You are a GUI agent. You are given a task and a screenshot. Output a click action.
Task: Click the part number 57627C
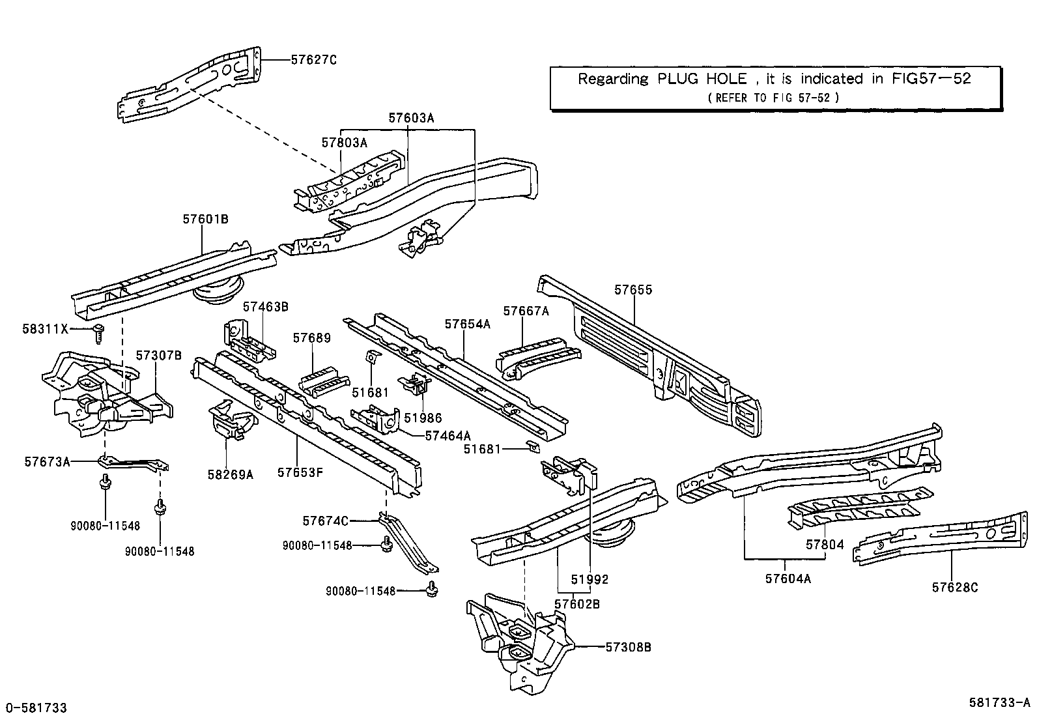[x=313, y=60]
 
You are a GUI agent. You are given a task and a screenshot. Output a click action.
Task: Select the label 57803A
[x=344, y=143]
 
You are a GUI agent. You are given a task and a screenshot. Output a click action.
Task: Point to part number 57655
[x=632, y=290]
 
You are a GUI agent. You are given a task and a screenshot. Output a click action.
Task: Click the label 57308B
[x=628, y=647]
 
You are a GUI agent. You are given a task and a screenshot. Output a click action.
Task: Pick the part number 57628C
[x=954, y=588]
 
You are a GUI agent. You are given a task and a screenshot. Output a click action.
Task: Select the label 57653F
[x=300, y=472]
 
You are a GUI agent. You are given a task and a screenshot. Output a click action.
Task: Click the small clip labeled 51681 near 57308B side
[x=533, y=447]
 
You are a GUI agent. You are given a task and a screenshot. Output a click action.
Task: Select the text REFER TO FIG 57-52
[x=773, y=97]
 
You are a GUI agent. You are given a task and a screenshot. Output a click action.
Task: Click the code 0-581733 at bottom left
[x=36, y=708]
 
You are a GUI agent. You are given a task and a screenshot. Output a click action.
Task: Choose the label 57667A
[x=526, y=311]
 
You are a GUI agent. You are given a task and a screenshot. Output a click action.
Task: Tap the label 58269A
[x=230, y=474]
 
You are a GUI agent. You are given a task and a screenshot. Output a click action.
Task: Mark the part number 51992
[x=590, y=579]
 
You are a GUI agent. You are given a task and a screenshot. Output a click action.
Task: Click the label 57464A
[x=447, y=436]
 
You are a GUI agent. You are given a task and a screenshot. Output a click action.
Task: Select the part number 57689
[x=312, y=338]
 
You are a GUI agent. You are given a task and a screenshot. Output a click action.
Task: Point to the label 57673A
[x=47, y=461]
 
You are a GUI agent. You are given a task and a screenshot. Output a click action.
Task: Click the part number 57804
[x=825, y=545]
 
